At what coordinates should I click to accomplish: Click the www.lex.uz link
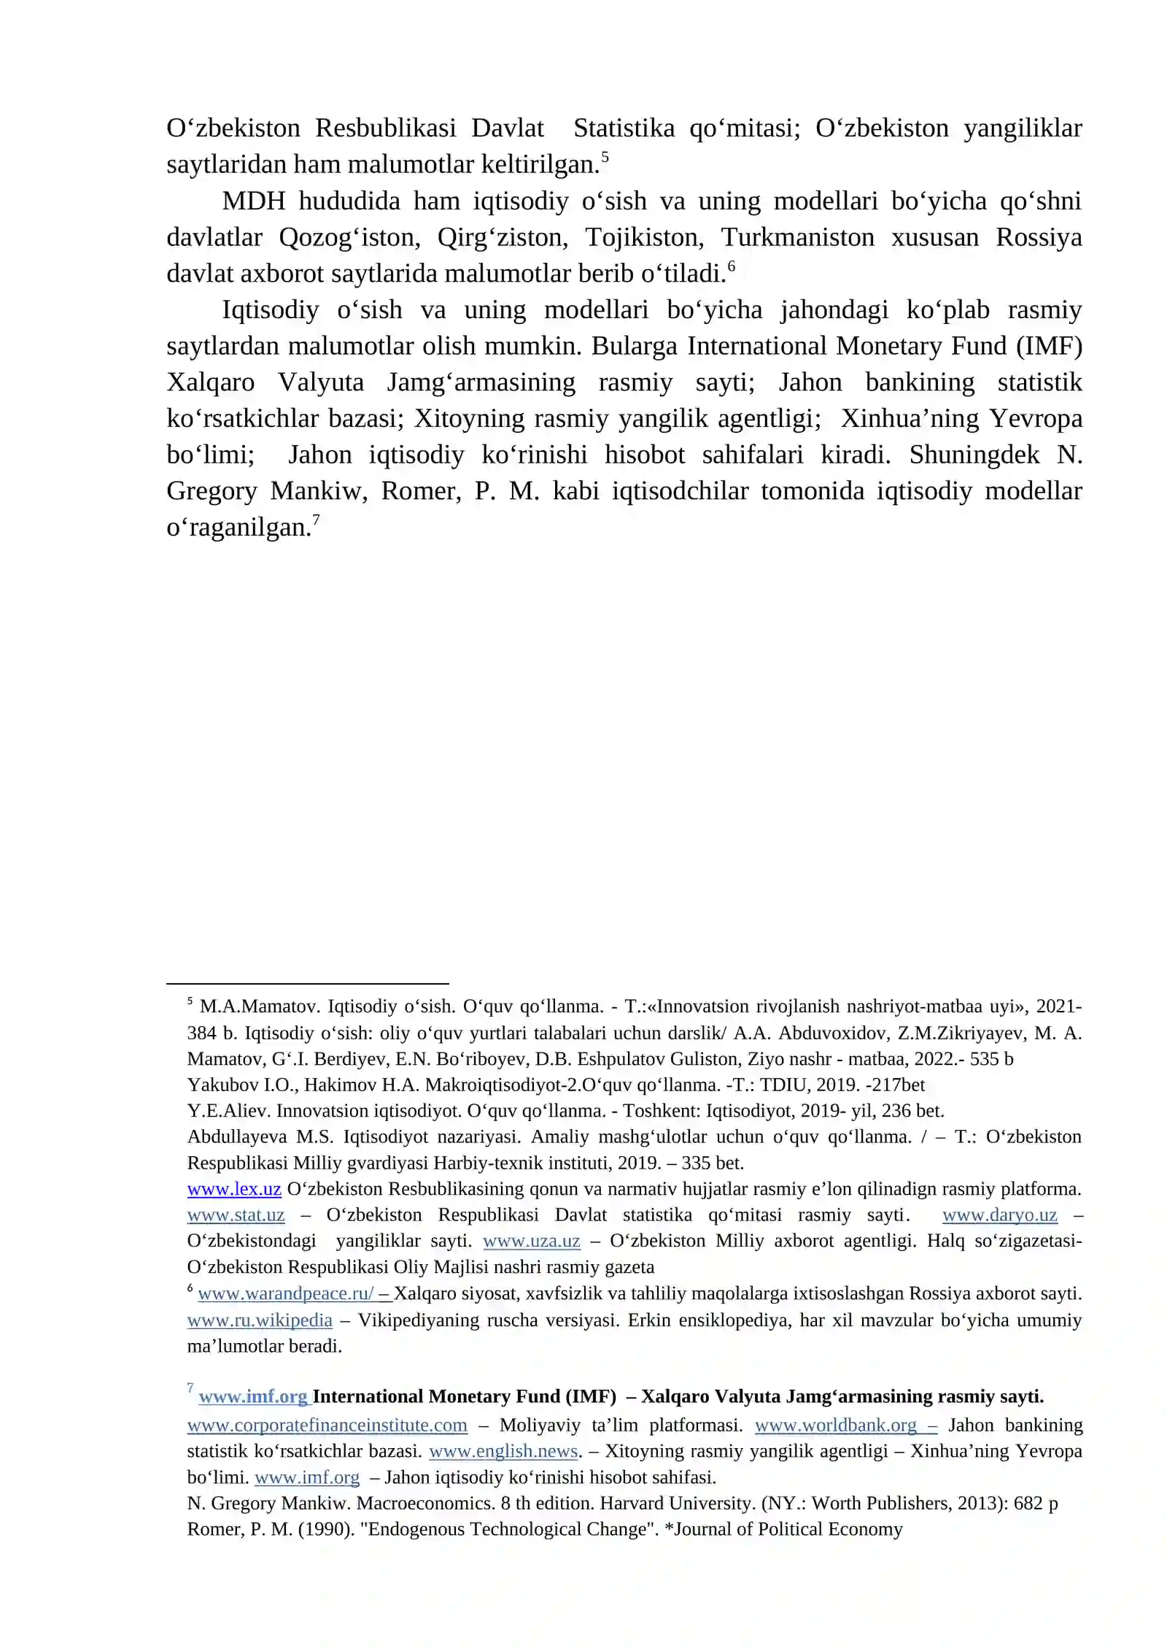point(234,1189)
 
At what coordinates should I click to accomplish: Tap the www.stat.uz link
point(236,1215)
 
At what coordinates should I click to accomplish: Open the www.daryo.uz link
point(999,1215)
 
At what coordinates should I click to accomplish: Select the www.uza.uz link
point(531,1241)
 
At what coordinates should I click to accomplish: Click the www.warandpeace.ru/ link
point(286,1293)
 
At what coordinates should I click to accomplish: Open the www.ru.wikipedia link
point(260,1320)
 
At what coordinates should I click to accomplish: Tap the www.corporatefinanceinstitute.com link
point(327,1425)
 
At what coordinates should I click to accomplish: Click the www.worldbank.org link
point(836,1425)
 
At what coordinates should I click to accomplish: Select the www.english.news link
point(503,1451)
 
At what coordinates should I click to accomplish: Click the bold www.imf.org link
point(252,1397)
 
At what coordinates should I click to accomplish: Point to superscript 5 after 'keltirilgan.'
point(605,157)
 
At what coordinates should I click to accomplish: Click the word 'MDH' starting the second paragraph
point(253,201)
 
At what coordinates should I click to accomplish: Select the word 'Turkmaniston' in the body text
point(797,237)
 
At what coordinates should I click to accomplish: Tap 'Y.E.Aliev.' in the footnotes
point(229,1111)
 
